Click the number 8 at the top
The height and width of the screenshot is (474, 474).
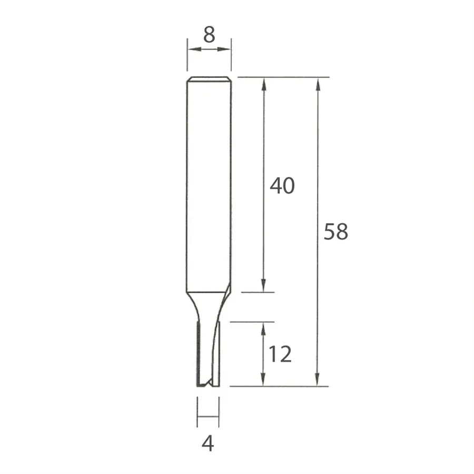point(209,35)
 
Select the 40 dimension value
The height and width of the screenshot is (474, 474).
point(282,185)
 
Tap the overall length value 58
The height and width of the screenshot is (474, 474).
point(335,232)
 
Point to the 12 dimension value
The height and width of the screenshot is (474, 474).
point(280,354)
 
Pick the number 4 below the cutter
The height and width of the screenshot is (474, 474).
point(208,445)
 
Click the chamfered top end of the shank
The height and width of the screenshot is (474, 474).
point(209,80)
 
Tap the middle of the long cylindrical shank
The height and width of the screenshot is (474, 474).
point(209,184)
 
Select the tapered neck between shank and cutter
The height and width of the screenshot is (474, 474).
point(209,305)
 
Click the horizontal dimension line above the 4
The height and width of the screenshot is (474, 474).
point(208,417)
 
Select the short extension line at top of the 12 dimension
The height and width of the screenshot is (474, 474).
point(253,321)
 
